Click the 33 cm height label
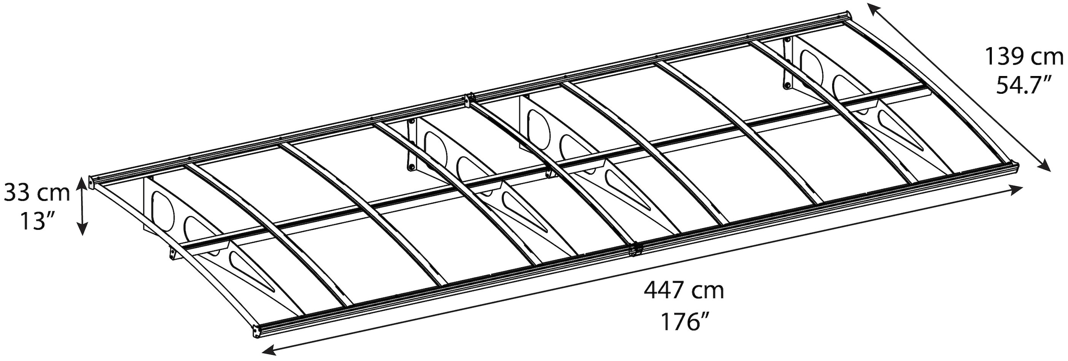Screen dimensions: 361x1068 click(x=37, y=193)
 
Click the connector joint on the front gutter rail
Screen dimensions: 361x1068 click(x=635, y=249)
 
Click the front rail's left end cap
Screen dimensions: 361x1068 click(x=257, y=332)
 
